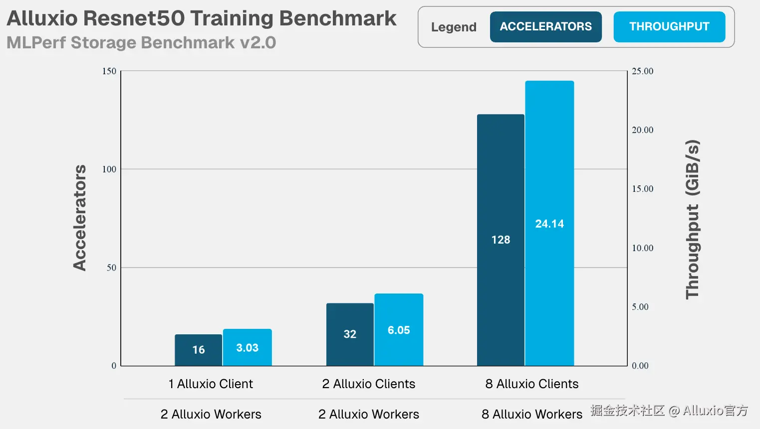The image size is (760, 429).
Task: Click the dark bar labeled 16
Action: coord(199,350)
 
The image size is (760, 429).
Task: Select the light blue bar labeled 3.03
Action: coord(248,347)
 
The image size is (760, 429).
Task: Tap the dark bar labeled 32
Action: coord(350,334)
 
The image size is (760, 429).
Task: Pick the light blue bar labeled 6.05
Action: coord(399,330)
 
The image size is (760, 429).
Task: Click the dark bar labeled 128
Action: coord(501,240)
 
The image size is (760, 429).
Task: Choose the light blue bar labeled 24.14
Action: coord(549,223)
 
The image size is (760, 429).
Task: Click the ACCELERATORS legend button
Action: coord(546,27)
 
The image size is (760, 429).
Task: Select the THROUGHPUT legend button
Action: coord(669,27)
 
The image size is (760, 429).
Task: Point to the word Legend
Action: coord(454,27)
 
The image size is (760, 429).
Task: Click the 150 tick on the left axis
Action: coord(109,71)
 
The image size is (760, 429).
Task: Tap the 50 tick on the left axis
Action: coord(111,268)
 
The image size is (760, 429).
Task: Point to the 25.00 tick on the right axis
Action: coord(642,71)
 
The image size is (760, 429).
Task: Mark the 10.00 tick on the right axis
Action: coord(642,248)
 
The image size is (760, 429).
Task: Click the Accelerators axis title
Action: coord(80,218)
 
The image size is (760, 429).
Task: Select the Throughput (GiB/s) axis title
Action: coord(692,220)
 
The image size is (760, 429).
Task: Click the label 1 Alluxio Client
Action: coord(211,384)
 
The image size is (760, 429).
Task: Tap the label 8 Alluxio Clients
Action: coord(531,384)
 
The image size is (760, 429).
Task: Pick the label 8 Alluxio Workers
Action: coord(531,414)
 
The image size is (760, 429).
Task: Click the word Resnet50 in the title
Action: coord(134,18)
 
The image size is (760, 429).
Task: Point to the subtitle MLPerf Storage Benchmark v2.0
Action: coord(141,43)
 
